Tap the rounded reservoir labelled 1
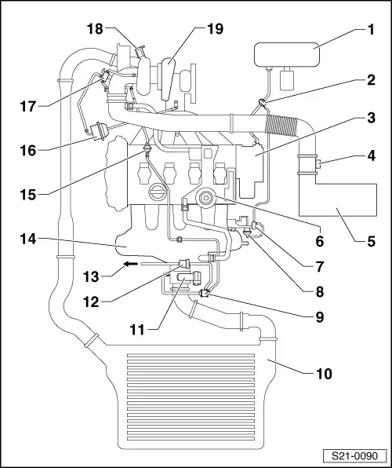pos(285,58)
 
